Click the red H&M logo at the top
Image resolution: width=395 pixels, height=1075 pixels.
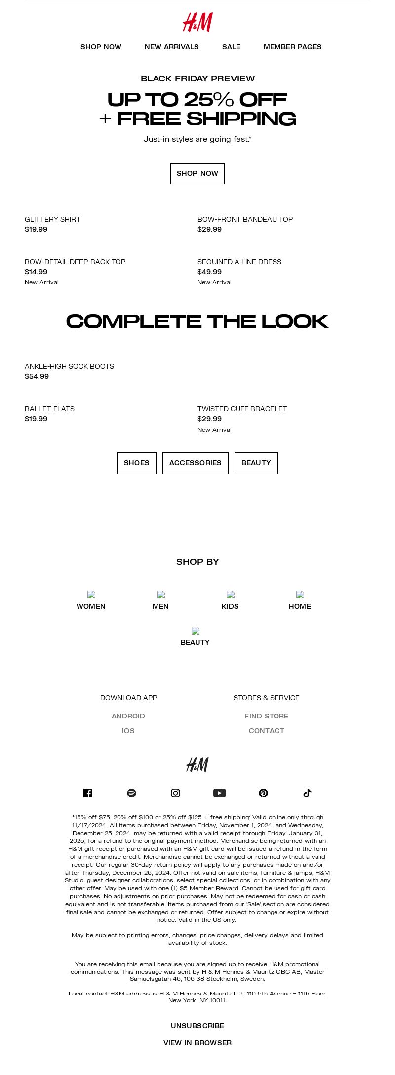[x=197, y=23]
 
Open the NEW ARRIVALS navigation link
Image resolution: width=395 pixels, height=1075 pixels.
[x=172, y=47]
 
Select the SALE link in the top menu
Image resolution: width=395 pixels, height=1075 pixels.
[x=231, y=47]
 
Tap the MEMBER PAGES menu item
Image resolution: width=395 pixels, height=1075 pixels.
[x=292, y=47]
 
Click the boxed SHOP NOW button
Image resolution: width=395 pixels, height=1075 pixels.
[x=197, y=174]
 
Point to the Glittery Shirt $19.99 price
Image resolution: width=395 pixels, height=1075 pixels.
[x=36, y=229]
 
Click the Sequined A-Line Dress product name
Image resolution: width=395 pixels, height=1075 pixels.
[x=239, y=262]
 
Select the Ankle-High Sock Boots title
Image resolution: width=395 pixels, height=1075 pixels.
[x=69, y=366]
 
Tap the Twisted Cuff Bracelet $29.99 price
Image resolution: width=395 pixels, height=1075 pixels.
[x=209, y=419]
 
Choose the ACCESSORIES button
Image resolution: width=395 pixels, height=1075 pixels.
[x=196, y=463]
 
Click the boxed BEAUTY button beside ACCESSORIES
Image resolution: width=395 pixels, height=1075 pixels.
[x=256, y=463]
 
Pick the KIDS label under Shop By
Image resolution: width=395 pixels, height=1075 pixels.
[x=230, y=606]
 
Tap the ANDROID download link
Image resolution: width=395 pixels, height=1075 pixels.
[x=128, y=716]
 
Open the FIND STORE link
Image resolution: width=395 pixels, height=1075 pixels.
[x=267, y=716]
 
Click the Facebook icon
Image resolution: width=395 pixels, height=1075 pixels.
[x=88, y=793]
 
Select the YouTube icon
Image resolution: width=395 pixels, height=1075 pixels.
[x=220, y=793]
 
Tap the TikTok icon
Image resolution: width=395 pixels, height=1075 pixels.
[x=307, y=793]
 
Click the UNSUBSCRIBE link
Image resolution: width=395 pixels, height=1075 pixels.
[x=197, y=1026]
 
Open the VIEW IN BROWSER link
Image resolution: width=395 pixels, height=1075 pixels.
[x=197, y=1043]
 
